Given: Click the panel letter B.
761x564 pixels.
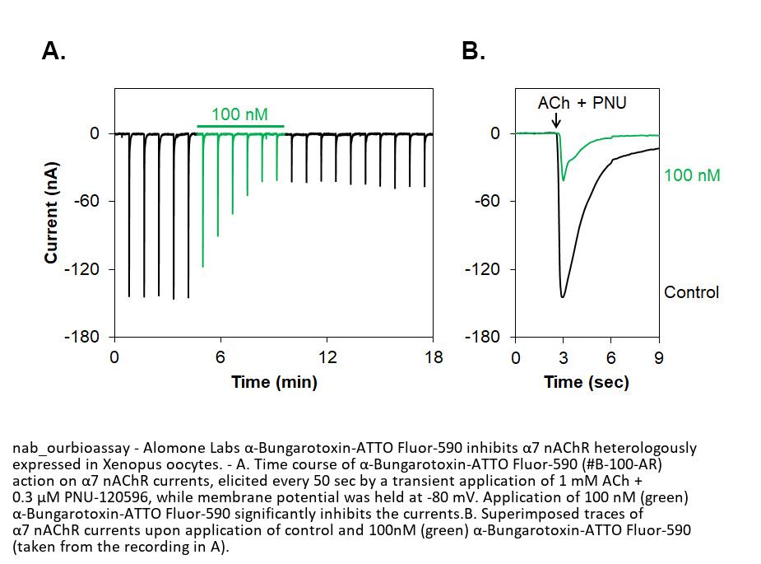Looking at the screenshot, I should [x=473, y=51].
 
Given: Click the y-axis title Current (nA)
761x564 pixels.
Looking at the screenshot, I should [x=51, y=212].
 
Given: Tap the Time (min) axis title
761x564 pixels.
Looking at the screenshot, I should [x=274, y=382].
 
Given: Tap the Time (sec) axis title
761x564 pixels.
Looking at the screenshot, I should [x=587, y=382].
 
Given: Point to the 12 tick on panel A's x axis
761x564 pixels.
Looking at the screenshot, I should [x=327, y=357].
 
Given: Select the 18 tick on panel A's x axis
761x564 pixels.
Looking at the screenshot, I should [x=433, y=357].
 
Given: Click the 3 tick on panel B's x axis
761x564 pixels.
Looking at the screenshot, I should [x=563, y=357].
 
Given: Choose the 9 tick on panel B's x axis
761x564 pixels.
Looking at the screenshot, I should [x=658, y=357].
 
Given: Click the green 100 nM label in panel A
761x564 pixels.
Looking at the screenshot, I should [x=239, y=114].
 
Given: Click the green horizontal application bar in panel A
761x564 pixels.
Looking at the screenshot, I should [x=239, y=127].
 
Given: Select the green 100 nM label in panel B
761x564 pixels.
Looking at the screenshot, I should [x=692, y=175].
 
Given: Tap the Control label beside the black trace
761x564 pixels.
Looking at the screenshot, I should [x=691, y=292].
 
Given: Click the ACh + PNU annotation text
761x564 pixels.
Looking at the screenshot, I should [x=582, y=103].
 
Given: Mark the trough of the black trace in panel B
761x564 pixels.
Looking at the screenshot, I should [x=562, y=296].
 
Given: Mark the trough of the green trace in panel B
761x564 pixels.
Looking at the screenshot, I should [x=564, y=179].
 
